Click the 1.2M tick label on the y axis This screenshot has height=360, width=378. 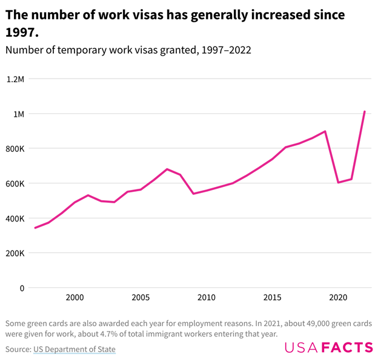[x=15, y=79]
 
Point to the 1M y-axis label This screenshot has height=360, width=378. [x=18, y=114]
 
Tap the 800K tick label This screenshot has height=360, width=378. [x=15, y=149]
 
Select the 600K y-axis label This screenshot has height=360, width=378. [x=15, y=183]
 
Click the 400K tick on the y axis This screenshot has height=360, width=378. [x=15, y=218]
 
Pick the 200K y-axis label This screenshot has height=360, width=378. [x=15, y=253]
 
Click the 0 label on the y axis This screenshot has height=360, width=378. [x=22, y=288]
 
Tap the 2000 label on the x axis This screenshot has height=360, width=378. [x=75, y=298]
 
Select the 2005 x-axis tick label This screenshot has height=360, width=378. [x=141, y=298]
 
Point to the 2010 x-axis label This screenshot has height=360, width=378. [x=207, y=298]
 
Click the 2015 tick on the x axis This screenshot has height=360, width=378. [x=273, y=298]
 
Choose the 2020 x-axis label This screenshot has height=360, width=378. [x=338, y=298]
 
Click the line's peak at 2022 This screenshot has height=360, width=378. [x=365, y=111]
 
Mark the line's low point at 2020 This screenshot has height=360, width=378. [x=338, y=182]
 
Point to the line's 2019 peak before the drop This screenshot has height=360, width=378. [x=325, y=131]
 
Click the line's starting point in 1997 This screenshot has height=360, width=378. [x=35, y=228]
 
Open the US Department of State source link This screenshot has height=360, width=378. [x=75, y=349]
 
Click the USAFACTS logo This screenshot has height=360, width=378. [x=329, y=347]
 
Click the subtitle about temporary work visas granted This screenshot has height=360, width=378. [x=128, y=51]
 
